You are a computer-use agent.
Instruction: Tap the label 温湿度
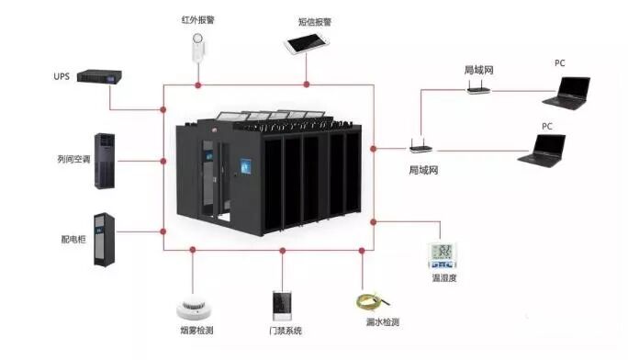click(445, 276)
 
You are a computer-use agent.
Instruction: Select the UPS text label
click(62, 76)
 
